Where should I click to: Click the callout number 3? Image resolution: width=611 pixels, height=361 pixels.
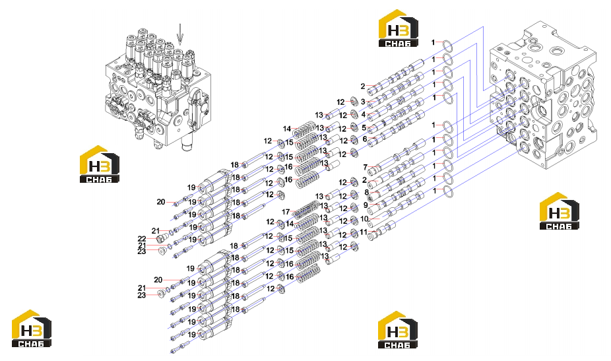tap(363, 102)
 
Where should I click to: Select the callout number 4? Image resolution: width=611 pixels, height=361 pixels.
tap(364, 115)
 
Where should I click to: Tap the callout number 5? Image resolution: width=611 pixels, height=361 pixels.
tap(364, 127)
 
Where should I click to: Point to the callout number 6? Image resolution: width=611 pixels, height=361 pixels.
tap(365, 139)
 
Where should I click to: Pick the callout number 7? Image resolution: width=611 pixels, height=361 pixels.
tap(365, 167)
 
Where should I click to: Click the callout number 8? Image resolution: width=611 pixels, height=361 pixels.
tap(366, 193)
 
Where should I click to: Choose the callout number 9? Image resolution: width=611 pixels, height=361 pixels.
tap(366, 205)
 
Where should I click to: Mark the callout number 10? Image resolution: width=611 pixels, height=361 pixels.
tap(364, 219)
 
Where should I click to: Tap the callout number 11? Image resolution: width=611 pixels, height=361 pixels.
tap(363, 232)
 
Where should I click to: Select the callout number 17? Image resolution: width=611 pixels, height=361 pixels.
tap(286, 212)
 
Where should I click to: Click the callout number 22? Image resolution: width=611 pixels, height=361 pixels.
tap(141, 239)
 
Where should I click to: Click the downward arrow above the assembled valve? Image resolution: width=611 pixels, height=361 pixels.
tap(179, 34)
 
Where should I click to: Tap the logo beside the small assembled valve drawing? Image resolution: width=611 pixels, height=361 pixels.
tap(100, 164)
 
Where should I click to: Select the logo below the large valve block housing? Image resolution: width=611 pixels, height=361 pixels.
tap(559, 211)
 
